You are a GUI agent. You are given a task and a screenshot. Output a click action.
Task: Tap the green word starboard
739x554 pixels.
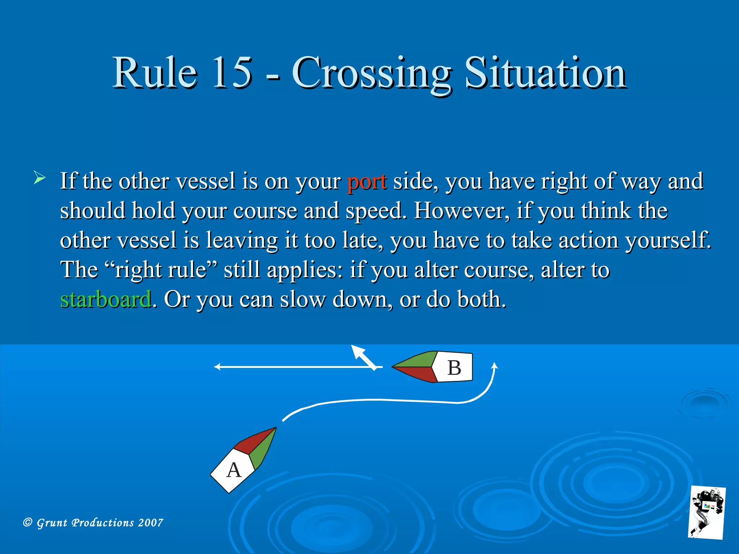(106, 300)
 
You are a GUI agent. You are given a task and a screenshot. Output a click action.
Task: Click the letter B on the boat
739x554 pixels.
(454, 368)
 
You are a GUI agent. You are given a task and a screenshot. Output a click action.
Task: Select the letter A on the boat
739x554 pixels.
(234, 470)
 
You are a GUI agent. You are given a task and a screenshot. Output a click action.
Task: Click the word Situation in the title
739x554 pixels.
(545, 73)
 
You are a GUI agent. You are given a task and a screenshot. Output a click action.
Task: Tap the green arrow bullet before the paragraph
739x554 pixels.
(39, 178)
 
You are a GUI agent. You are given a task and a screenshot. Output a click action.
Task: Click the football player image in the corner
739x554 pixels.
(707, 512)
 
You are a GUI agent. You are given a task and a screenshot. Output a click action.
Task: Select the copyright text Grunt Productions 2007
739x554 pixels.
(93, 523)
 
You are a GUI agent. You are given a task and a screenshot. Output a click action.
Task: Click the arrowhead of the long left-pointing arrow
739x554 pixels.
(217, 367)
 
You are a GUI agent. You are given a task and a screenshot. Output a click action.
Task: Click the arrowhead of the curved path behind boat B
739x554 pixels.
(495, 366)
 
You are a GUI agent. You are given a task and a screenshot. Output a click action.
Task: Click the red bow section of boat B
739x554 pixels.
(419, 374)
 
